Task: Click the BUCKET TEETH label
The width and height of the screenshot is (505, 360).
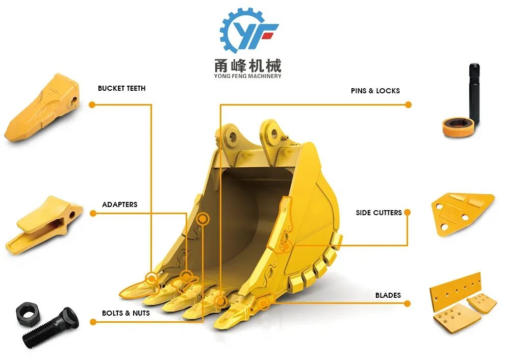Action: [x=121, y=88]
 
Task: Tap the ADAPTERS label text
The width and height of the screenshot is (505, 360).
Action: [x=119, y=204]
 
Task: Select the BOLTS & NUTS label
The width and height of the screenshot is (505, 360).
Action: [x=125, y=313]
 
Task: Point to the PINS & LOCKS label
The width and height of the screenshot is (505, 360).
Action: [x=375, y=91]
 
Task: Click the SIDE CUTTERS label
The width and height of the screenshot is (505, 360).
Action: [x=378, y=212]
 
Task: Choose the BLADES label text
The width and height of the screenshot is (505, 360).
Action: [x=388, y=295]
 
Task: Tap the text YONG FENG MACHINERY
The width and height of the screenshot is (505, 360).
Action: [x=248, y=76]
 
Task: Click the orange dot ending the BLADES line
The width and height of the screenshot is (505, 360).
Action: [x=407, y=303]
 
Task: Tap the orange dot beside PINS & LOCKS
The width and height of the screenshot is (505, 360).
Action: [x=408, y=105]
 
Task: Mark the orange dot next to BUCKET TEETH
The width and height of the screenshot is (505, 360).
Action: [x=92, y=105]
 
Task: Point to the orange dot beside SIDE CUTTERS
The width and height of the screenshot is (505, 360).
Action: [x=407, y=212]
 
